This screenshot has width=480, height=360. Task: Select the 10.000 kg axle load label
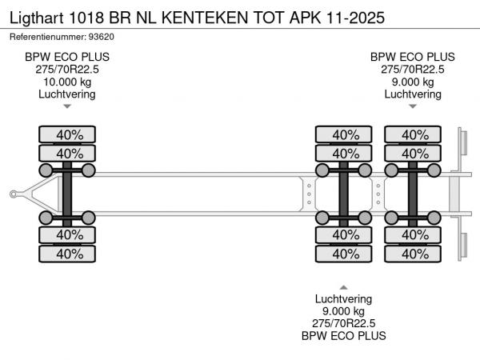click(67, 82)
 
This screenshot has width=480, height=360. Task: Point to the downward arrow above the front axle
click(67, 106)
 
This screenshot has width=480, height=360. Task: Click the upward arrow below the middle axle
click(344, 286)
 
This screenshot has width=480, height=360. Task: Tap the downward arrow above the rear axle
click(413, 106)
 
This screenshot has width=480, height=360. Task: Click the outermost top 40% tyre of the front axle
click(67, 134)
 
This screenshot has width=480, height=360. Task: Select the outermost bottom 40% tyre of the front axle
click(67, 254)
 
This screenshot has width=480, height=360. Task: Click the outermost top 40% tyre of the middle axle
click(345, 134)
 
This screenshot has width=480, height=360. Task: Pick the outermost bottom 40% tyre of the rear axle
click(414, 254)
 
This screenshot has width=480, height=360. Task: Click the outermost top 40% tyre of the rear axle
click(414, 134)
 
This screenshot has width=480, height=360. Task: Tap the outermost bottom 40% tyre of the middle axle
click(345, 254)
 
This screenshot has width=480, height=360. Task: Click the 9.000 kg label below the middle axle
click(344, 311)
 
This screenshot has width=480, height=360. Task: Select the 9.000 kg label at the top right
click(413, 82)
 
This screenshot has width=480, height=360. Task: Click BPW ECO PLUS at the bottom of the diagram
click(344, 336)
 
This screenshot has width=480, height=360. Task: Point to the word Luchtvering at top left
click(67, 94)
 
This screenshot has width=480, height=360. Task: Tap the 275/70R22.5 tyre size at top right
click(413, 70)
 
